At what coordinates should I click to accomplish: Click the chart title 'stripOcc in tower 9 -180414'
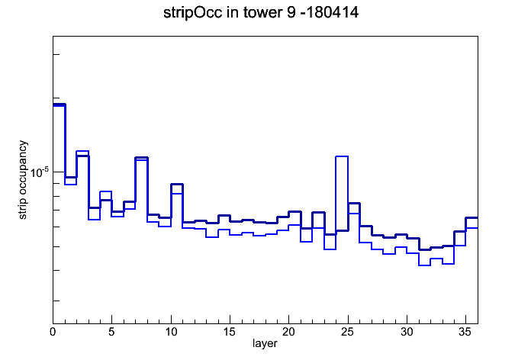(x=261, y=13)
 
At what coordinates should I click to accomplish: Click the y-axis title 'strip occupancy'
(x=22, y=180)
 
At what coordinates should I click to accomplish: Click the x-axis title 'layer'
(x=265, y=343)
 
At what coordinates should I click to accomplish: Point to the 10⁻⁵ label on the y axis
(x=40, y=172)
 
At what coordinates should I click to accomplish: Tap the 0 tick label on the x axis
(x=53, y=332)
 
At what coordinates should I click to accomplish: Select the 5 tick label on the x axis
(x=111, y=332)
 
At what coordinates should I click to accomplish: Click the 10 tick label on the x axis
(x=171, y=332)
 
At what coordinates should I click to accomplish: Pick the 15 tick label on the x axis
(x=230, y=332)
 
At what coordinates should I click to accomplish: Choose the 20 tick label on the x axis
(x=288, y=332)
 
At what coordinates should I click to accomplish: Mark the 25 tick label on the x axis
(x=347, y=332)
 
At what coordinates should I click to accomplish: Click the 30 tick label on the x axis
(x=407, y=332)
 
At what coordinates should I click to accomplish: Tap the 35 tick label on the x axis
(x=465, y=332)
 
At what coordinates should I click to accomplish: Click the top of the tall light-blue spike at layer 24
(x=342, y=156)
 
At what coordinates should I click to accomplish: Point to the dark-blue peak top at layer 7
(x=142, y=157)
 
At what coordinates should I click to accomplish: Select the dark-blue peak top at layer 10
(x=177, y=185)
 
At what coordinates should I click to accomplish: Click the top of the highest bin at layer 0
(x=59, y=104)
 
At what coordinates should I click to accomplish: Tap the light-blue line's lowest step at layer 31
(x=424, y=265)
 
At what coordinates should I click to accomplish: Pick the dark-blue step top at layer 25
(x=353, y=203)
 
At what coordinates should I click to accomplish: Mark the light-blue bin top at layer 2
(x=82, y=151)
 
